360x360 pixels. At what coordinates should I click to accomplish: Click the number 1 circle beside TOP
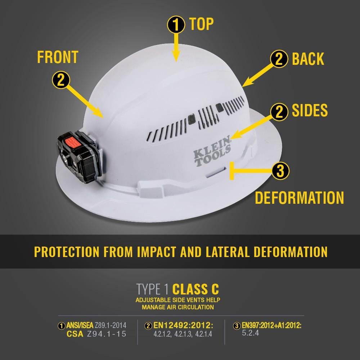(175, 25)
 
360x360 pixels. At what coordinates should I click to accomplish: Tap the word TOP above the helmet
(201, 24)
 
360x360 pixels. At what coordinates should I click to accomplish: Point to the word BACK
(308, 59)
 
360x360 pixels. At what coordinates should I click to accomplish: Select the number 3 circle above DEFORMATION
(280, 171)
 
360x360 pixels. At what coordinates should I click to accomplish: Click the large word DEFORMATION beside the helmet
(299, 198)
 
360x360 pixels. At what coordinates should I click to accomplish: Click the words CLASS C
(195, 289)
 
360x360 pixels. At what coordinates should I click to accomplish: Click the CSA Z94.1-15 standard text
(96, 334)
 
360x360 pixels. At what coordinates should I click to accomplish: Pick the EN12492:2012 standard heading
(183, 326)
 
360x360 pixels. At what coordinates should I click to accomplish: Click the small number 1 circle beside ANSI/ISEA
(62, 326)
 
